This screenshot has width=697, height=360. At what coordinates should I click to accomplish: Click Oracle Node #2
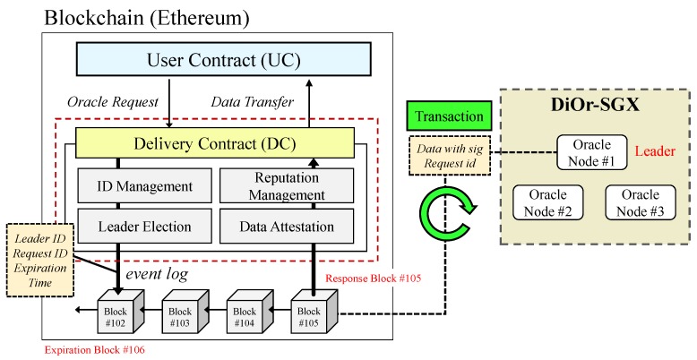(x=547, y=202)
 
